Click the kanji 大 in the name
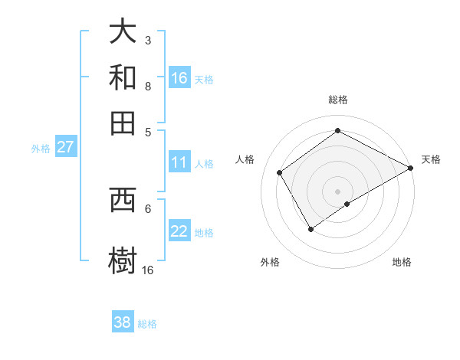coord(123,32)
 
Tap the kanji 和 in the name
coord(123,77)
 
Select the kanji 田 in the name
coord(123,123)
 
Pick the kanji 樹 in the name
coord(123,259)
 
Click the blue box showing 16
coord(179,78)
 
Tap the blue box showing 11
coord(179,162)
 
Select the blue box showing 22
coord(179,232)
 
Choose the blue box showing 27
coord(65,147)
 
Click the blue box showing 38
coord(123,322)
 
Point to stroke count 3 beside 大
coord(147,40)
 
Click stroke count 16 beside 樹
coord(147,270)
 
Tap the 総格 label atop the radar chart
coord(338,100)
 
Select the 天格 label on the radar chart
coord(431,159)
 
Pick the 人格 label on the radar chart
coord(245,159)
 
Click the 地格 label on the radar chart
coord(402,262)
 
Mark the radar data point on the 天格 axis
coord(411,168)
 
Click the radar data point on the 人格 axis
coord(280,172)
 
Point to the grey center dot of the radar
coord(338,191)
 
